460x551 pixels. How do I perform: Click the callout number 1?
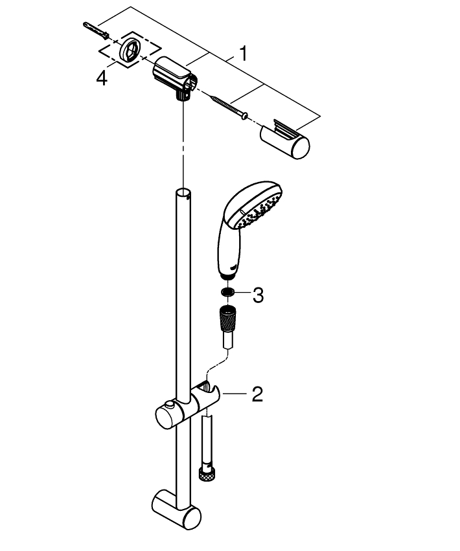point(242,53)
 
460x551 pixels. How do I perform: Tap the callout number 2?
point(257,394)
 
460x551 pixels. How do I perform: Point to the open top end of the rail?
point(183,192)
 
